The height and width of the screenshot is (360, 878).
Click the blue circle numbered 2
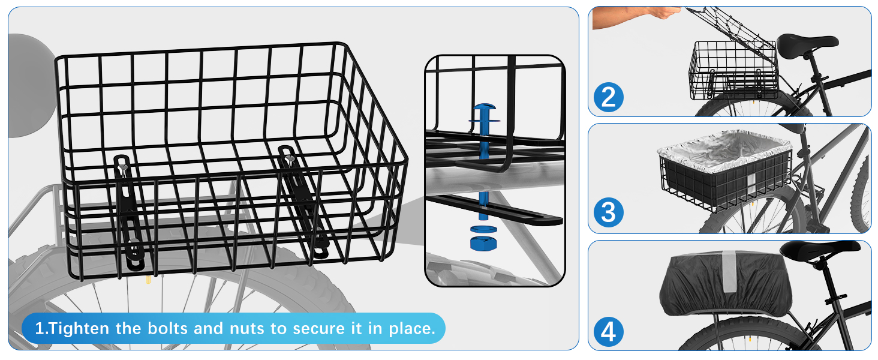(608, 97)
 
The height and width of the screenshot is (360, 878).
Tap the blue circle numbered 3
(608, 212)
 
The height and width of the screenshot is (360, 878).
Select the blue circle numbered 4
(608, 332)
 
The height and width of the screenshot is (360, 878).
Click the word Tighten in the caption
(78, 329)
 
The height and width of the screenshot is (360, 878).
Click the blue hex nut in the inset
(483, 243)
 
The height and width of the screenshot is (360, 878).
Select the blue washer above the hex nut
(483, 229)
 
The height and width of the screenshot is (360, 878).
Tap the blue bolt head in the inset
(485, 107)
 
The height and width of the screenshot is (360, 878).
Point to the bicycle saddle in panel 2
(807, 43)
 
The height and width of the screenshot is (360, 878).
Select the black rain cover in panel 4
(725, 283)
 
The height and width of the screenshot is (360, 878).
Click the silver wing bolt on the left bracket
(122, 168)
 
